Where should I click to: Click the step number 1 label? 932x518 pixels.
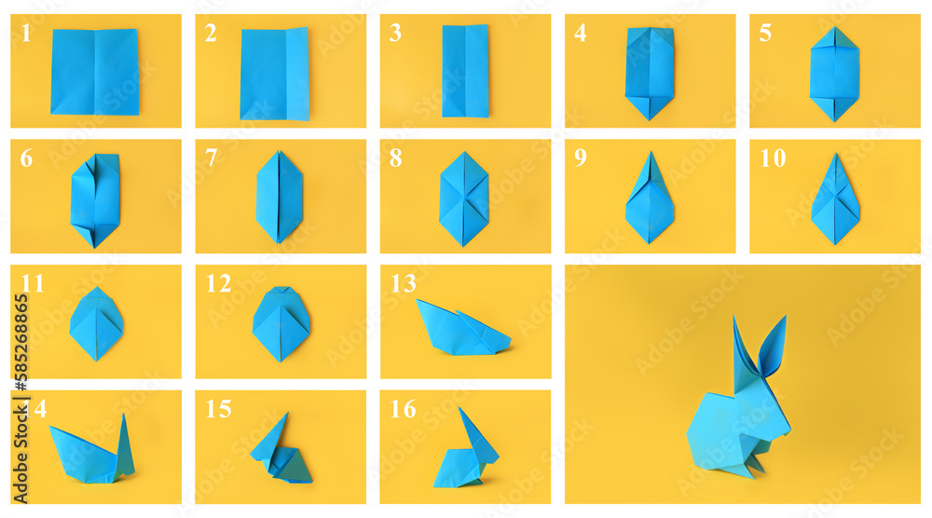(x=26, y=34)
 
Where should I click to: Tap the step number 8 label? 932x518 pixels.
(x=396, y=158)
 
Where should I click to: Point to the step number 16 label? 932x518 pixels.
(x=403, y=409)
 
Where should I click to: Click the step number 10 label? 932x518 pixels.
(x=772, y=158)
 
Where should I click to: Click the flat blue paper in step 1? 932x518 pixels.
(x=94, y=72)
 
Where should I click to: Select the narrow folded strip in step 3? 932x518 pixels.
(x=465, y=71)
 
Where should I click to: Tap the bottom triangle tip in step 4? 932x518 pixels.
(x=650, y=116)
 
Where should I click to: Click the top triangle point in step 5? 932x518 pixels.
(x=834, y=30)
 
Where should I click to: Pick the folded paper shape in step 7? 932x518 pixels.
(x=280, y=197)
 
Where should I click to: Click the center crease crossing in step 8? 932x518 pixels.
(x=464, y=197)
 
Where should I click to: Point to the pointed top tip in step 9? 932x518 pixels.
(x=651, y=155)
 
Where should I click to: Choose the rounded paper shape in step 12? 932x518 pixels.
(x=281, y=322)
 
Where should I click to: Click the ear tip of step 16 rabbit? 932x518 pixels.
(x=461, y=409)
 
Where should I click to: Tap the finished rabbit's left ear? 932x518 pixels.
(x=743, y=345)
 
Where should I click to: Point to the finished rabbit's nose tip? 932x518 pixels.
(x=788, y=429)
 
